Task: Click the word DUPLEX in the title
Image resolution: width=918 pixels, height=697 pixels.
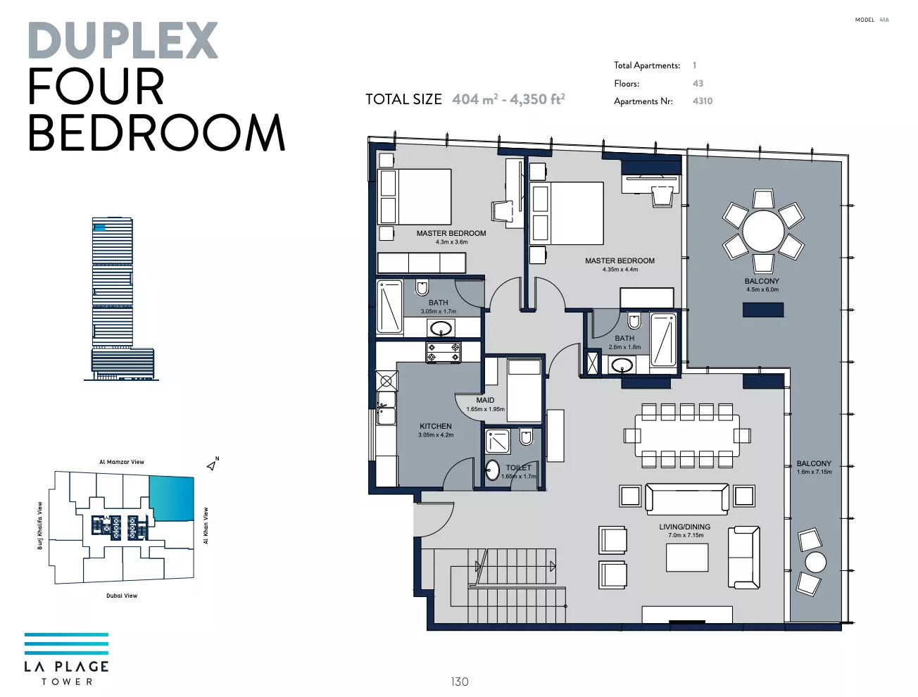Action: click(123, 40)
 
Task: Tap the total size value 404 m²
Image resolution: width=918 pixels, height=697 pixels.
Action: click(475, 99)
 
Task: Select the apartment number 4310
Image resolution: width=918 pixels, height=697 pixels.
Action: click(703, 101)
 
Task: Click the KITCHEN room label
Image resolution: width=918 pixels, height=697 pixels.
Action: click(435, 426)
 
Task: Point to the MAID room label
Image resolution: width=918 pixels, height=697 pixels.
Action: click(485, 400)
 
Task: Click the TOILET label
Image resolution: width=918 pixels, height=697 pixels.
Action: click(518, 468)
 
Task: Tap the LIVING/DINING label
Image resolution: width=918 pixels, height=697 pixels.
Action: click(685, 527)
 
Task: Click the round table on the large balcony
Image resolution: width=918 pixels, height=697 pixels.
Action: click(763, 231)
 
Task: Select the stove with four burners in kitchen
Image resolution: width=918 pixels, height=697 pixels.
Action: click(444, 353)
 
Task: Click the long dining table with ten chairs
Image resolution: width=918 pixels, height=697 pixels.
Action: click(687, 435)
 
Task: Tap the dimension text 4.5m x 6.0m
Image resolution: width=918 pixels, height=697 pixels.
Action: click(762, 289)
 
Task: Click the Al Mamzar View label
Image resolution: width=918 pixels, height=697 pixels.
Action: click(122, 462)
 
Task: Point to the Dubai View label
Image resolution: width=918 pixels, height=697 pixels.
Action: click(122, 596)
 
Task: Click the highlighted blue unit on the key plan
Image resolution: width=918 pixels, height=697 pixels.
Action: click(172, 498)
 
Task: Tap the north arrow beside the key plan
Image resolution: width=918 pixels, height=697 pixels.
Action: click(213, 465)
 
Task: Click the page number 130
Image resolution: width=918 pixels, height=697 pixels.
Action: click(460, 682)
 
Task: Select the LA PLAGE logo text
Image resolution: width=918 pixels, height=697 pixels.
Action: click(66, 667)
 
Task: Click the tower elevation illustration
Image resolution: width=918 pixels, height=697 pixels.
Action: click(121, 299)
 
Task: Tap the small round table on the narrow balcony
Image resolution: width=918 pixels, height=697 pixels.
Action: click(815, 562)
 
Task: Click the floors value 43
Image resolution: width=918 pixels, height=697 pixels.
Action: click(698, 83)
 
